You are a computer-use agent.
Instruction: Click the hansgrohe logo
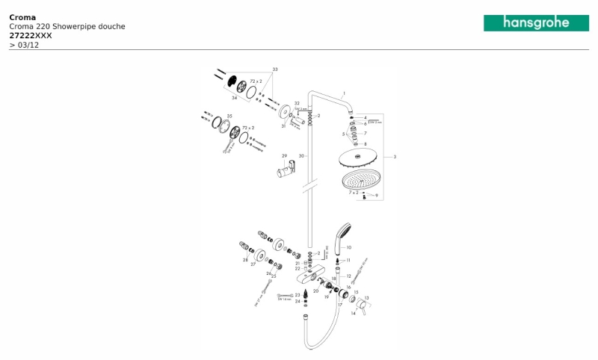[x=536, y=23]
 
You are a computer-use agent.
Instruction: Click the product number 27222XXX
[x=31, y=36]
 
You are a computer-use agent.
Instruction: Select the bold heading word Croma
[x=22, y=16]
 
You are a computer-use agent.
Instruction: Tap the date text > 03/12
[x=24, y=45]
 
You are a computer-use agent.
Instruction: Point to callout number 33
[x=274, y=69]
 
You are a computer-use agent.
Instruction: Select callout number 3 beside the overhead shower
[x=394, y=157]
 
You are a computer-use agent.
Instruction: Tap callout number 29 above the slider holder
[x=284, y=156]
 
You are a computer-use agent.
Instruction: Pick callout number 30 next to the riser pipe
[x=302, y=155]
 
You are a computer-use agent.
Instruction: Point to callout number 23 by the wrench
[x=298, y=295]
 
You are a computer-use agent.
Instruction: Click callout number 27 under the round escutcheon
[x=253, y=264]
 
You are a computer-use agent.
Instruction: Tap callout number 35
[x=229, y=117]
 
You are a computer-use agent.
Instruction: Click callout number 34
[x=234, y=97]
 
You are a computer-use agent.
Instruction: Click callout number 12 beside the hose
[x=348, y=276]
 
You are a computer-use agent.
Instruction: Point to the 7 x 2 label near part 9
[x=353, y=193]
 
